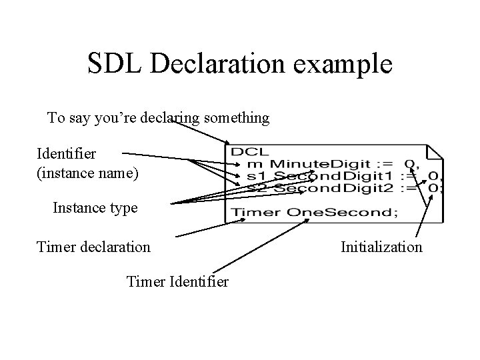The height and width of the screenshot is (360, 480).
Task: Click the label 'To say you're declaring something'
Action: [x=159, y=118]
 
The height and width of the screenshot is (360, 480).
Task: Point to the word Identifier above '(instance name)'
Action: [x=67, y=154]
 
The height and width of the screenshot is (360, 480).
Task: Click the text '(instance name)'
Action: [x=87, y=174]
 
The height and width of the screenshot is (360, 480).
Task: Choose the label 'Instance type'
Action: [x=95, y=207]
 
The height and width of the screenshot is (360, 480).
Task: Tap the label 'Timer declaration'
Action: [x=94, y=247]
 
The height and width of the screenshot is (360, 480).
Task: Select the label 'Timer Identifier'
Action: [x=177, y=282]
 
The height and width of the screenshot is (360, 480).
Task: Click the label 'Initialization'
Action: [x=381, y=247]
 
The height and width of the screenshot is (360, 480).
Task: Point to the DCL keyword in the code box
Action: [x=245, y=152]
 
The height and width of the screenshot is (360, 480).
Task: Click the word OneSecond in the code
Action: [x=337, y=212]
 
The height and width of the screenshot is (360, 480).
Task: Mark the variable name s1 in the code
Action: [x=255, y=176]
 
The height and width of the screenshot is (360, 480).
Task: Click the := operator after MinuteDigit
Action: [x=384, y=164]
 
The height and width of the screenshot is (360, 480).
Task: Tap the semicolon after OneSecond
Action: [x=395, y=213]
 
